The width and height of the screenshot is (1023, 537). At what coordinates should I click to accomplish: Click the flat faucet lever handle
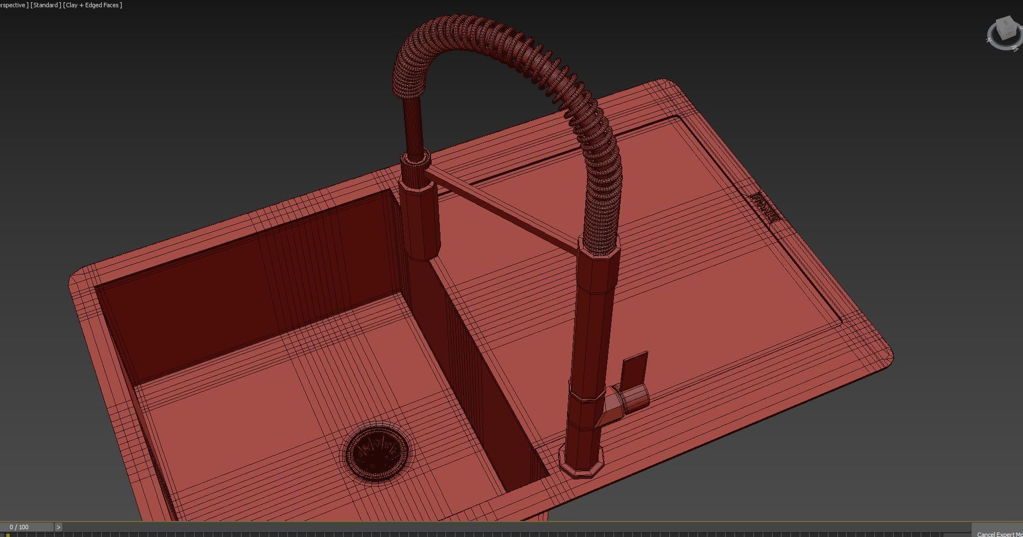pyautogui.click(x=634, y=369)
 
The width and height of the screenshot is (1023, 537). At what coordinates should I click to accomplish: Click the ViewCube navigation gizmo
pyautogui.click(x=1004, y=33)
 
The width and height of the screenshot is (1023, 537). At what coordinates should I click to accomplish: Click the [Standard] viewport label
pyautogui.click(x=46, y=5)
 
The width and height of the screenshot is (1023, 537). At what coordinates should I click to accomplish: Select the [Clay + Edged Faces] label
pyautogui.click(x=93, y=5)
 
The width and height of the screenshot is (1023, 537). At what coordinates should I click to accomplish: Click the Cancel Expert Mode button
pyautogui.click(x=998, y=533)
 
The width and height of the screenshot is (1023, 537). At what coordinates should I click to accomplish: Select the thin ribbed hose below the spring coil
pyautogui.click(x=412, y=124)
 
